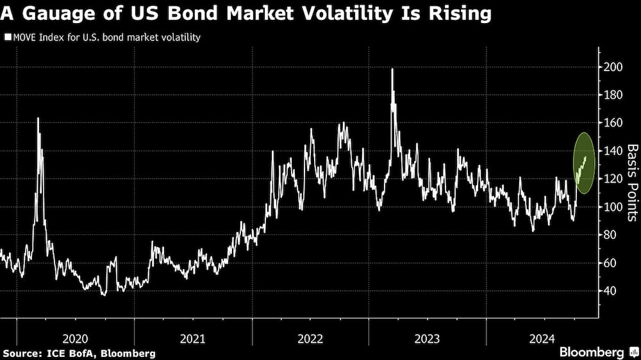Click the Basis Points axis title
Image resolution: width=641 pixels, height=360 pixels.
coord(631,183)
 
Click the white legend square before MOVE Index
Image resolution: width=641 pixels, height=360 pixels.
coord(8,38)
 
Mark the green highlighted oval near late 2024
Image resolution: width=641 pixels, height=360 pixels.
coord(584,164)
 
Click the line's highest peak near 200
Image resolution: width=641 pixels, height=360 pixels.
coord(392,69)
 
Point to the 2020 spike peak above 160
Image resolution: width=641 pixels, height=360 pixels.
coord(38,119)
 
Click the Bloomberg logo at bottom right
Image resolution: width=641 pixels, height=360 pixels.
coord(597,352)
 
